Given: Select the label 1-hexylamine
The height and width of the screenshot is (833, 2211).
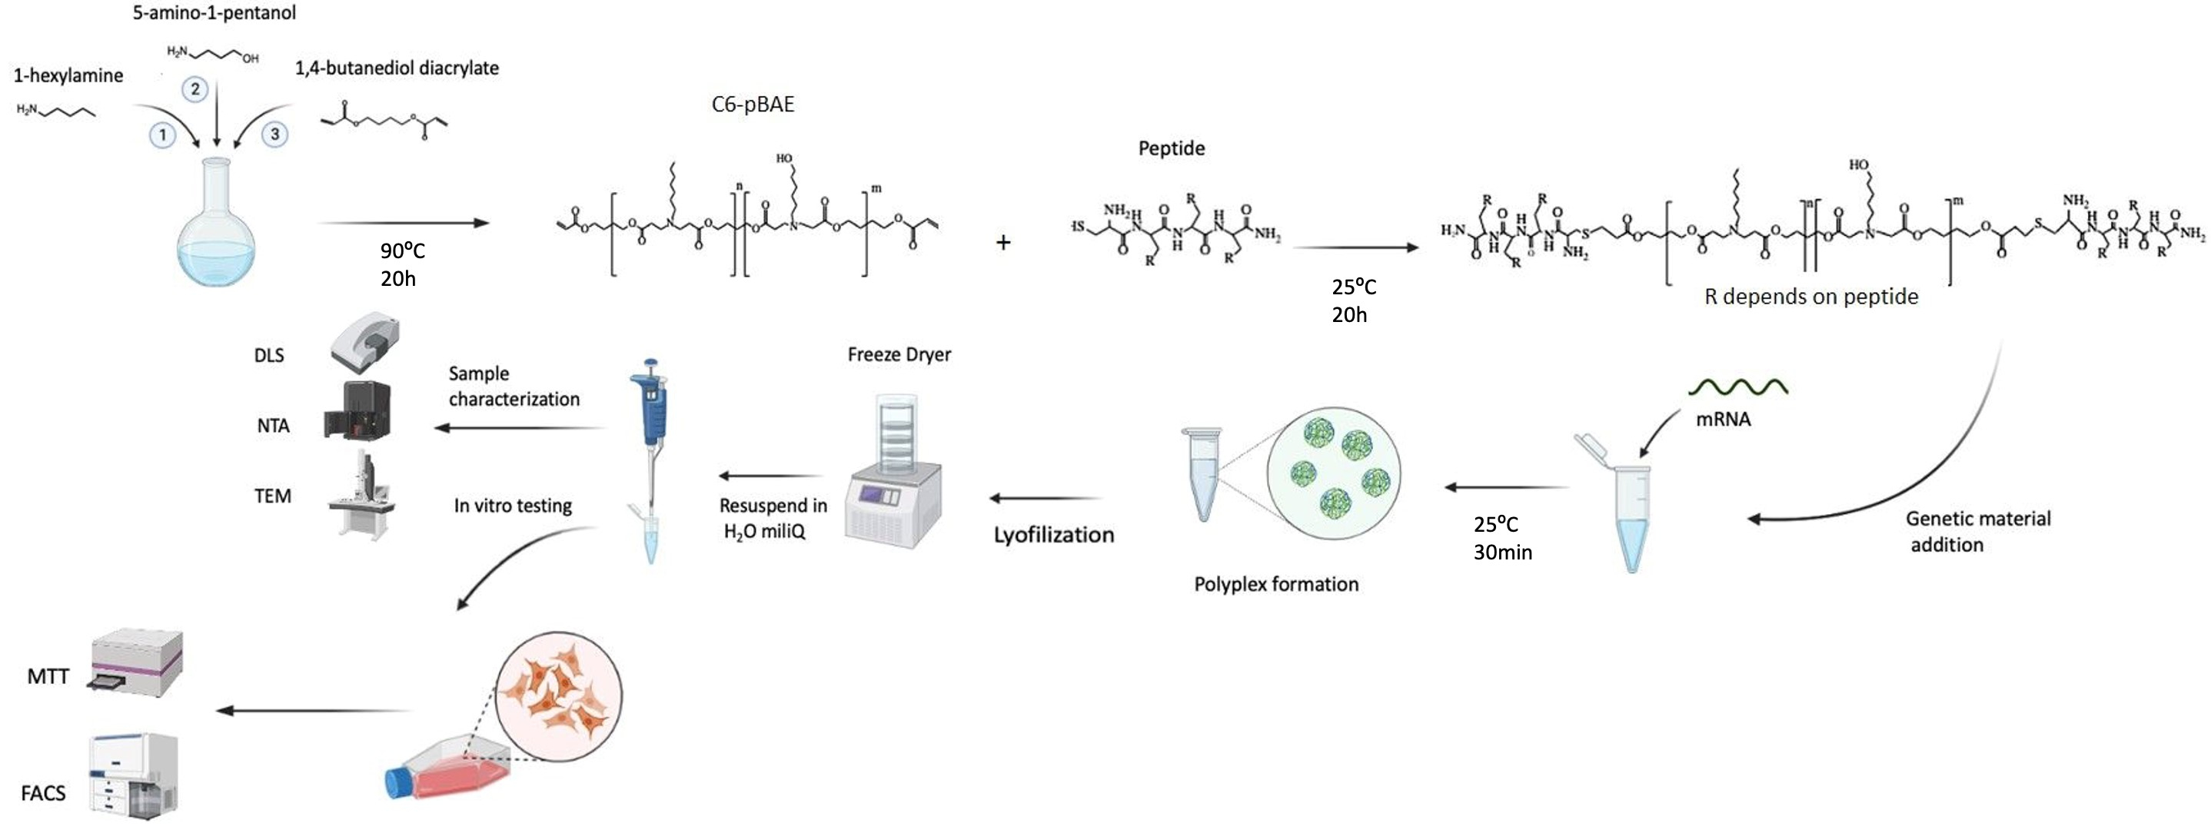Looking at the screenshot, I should [x=68, y=75].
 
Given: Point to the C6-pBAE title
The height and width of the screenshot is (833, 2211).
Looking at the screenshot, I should [x=753, y=105].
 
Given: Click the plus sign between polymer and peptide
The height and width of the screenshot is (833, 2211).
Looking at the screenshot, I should [x=1002, y=243].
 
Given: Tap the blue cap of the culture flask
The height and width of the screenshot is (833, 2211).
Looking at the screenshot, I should [x=399, y=782].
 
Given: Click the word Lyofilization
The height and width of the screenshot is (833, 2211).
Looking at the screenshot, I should [x=1053, y=536].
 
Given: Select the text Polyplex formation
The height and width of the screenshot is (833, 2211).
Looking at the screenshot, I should [x=1276, y=584].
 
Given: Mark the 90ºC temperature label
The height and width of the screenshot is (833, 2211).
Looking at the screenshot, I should [x=403, y=251].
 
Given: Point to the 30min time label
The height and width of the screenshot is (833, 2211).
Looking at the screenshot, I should [x=1503, y=553].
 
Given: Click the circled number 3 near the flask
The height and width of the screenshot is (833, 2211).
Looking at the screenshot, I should [x=274, y=134].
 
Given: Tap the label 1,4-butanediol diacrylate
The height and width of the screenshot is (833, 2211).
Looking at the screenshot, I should [x=397, y=68].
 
